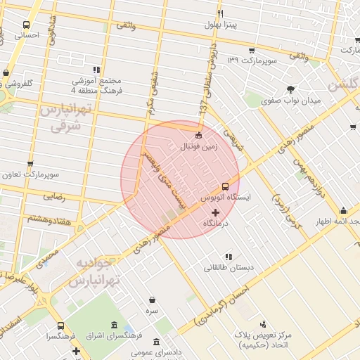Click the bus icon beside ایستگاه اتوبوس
[225, 186]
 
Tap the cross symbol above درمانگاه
[215, 212]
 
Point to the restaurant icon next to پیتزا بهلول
[220, 14]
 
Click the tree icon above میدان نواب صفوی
[290, 89]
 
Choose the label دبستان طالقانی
[227, 268]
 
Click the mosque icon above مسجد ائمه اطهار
[343, 210]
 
